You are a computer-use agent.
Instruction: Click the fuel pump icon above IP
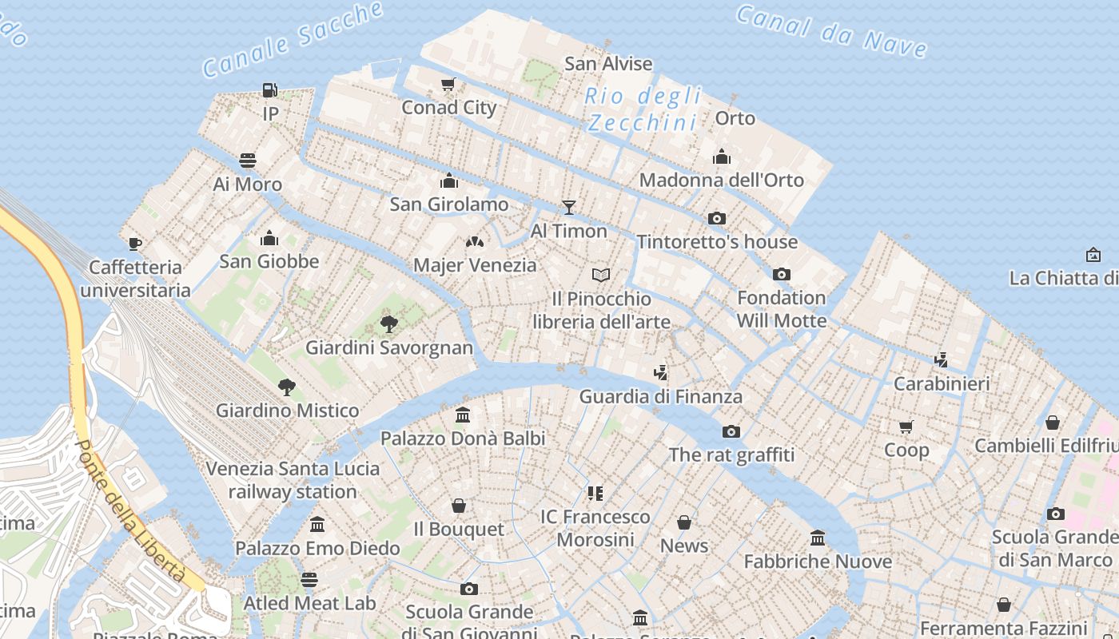point(270,89)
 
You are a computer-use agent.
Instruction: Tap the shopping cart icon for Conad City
point(448,84)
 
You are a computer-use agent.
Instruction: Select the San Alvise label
point(608,64)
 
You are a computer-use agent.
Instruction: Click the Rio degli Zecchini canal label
point(643,109)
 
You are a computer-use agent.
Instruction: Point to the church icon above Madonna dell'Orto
point(722,157)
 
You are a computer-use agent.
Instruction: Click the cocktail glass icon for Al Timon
point(569,208)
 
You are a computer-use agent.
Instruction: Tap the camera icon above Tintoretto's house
point(717,218)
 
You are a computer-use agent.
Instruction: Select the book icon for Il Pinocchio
point(601,275)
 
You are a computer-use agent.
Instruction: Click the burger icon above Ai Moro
point(248,161)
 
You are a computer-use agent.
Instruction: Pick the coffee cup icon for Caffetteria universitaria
point(135,244)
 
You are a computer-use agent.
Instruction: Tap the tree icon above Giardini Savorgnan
point(389,324)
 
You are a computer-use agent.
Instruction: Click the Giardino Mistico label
point(287,411)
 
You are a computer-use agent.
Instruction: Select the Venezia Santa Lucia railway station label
point(293,479)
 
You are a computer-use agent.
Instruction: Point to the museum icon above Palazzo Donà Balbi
point(463,415)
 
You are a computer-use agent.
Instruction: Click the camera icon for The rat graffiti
point(731,431)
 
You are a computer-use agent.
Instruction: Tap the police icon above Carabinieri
point(942,360)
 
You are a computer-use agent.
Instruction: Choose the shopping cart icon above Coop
point(906,427)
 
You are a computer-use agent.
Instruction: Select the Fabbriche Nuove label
point(818,562)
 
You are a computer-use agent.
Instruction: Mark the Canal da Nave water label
point(831,32)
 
